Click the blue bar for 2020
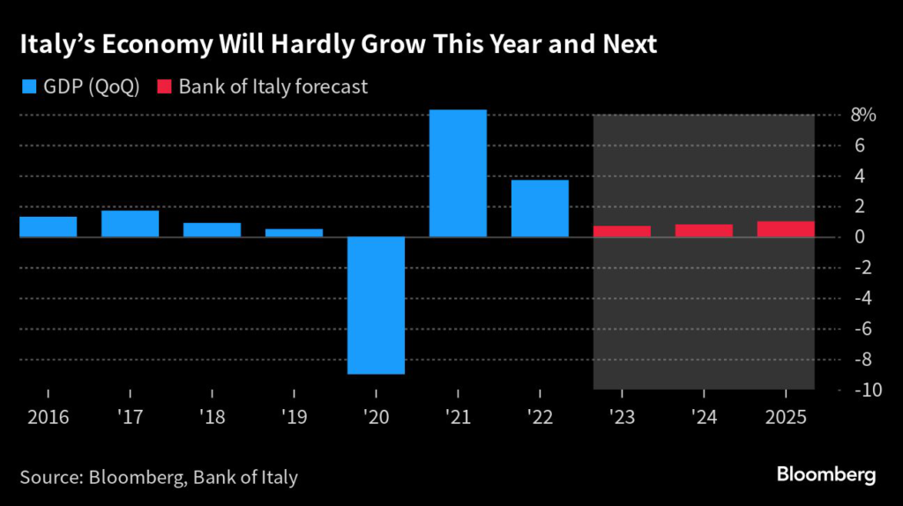coord(376,305)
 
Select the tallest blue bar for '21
coord(458,173)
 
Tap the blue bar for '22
coord(540,208)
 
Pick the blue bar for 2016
coord(49,227)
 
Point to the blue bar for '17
coord(131,224)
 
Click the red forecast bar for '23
coord(622,232)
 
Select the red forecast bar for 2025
coord(786,229)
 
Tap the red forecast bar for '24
coord(704,231)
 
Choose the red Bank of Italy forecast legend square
coord(163,86)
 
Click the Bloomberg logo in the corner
coord(826,474)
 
